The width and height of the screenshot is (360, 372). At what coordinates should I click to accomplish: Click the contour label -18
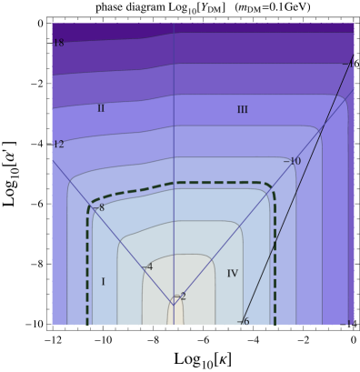[58, 43]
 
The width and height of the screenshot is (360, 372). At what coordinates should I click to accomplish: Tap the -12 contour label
[58, 145]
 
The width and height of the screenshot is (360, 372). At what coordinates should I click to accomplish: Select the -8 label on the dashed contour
[99, 207]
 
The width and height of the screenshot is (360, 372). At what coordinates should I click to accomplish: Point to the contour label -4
[147, 266]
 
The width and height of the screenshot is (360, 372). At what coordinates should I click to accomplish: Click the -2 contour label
[180, 297]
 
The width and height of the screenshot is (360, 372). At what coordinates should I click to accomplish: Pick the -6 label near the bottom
[243, 321]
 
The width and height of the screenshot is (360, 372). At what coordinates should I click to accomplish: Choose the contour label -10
[292, 162]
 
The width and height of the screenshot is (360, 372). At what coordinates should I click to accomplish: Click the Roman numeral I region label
[103, 282]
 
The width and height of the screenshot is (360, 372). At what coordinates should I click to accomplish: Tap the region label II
[101, 108]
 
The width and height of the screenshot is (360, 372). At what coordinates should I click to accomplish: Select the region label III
[242, 110]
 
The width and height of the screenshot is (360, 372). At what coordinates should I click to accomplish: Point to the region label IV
[232, 274]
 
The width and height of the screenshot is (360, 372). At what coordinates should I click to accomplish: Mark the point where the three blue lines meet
[174, 303]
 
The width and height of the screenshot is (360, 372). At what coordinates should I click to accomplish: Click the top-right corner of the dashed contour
[270, 186]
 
